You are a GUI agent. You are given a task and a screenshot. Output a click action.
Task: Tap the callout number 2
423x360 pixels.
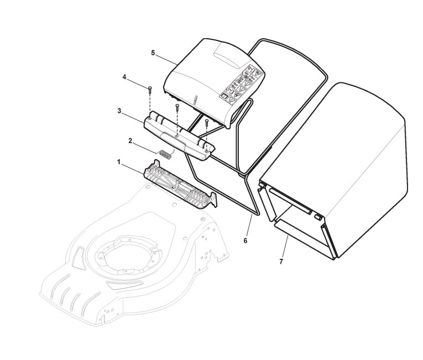pyautogui.click(x=130, y=140)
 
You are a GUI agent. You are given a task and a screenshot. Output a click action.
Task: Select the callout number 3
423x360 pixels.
pyautogui.click(x=119, y=111)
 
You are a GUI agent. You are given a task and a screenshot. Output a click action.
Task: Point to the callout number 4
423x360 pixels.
pyautogui.click(x=124, y=77)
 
